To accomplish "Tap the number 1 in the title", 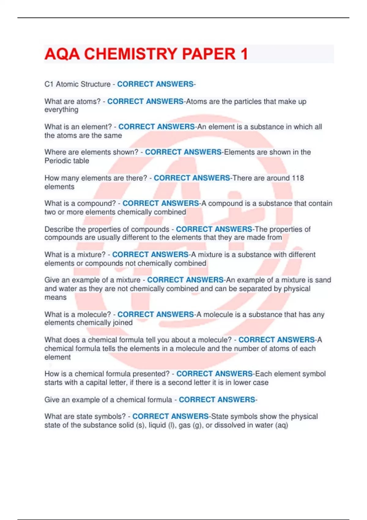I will [244, 54].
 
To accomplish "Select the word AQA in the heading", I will [62, 54].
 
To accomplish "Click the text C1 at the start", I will [49, 84].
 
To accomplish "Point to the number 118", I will [298, 178].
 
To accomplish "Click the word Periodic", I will [57, 161].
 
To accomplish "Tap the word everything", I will [61, 110].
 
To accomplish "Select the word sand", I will [323, 280].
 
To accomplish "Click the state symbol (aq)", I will [282, 425].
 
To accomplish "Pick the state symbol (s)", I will [141, 425].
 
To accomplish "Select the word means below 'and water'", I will [55, 297].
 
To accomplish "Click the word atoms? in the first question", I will [90, 102].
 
